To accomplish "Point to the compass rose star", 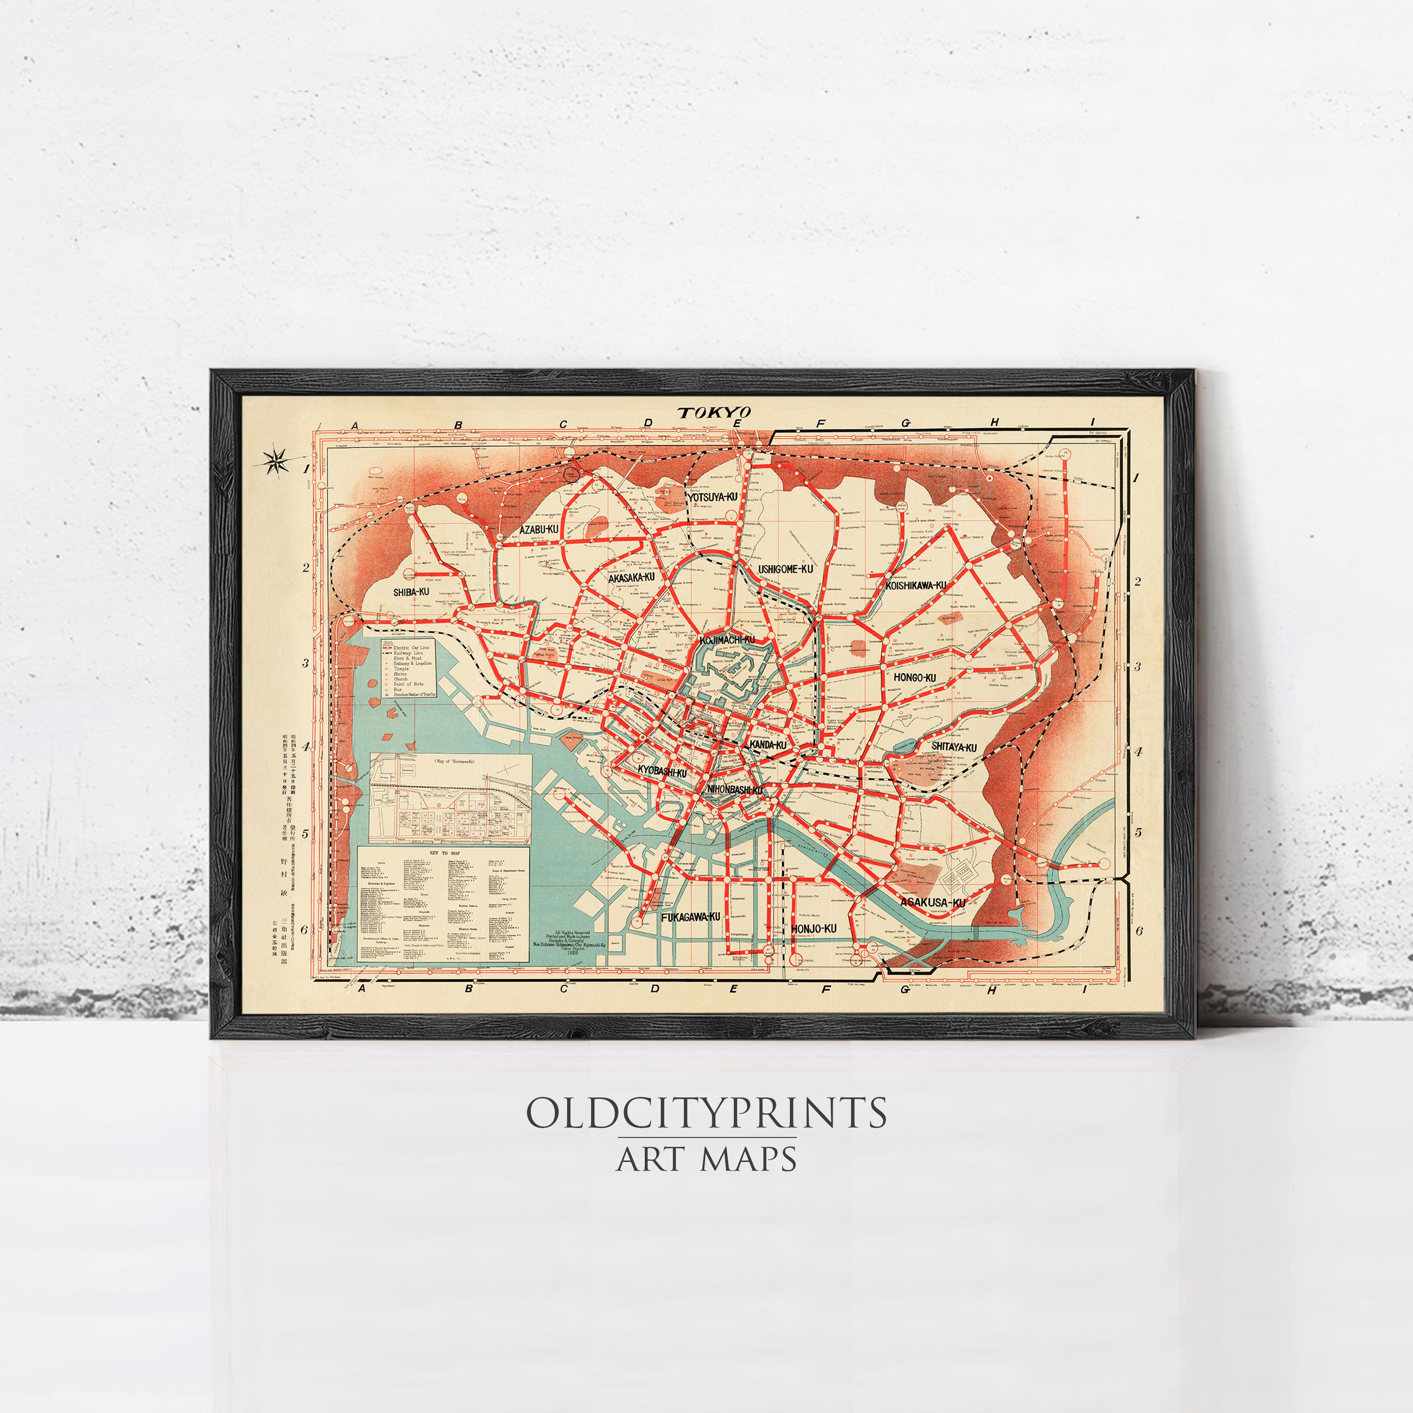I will [276, 461].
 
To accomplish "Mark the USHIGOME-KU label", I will [786, 569].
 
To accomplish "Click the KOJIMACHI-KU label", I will [727, 641].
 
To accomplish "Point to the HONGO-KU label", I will [914, 678].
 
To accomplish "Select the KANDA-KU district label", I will [767, 745].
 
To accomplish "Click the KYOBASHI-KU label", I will [662, 771].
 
